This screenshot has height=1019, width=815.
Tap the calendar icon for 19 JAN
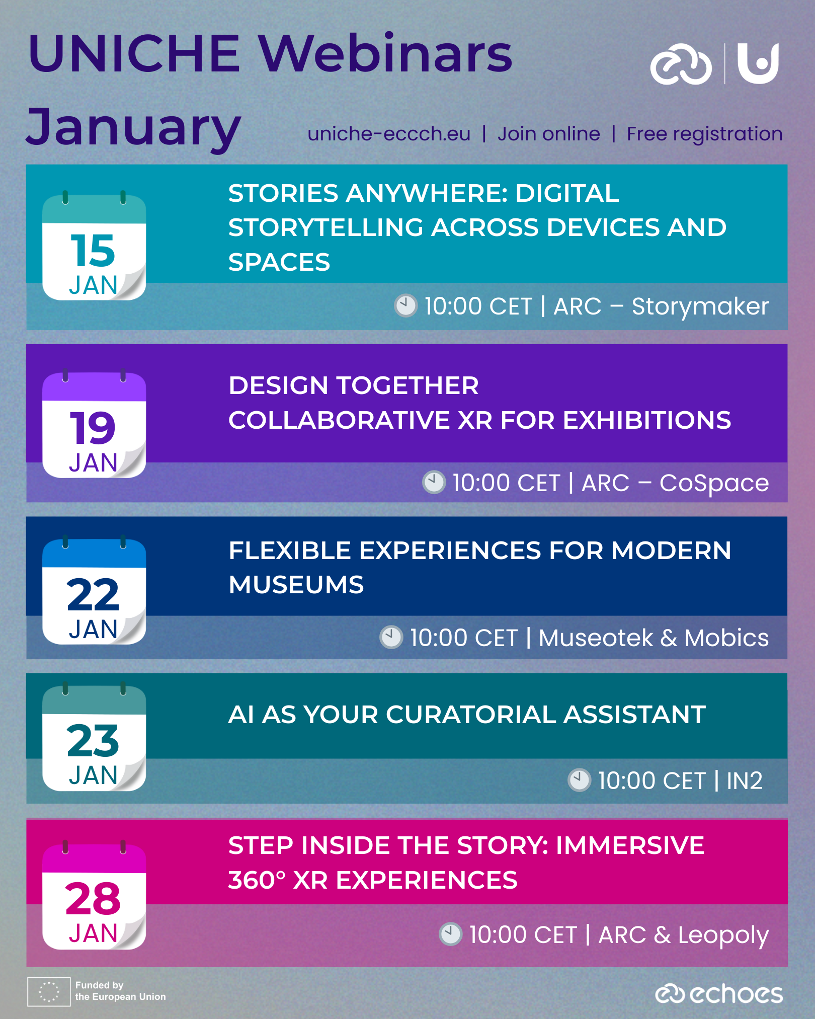pos(94,424)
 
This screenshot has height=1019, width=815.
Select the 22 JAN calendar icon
pos(94,590)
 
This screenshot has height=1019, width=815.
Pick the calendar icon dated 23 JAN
pos(94,737)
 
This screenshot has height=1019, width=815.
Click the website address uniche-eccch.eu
pos(389,134)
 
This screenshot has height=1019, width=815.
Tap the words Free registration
pos(704,134)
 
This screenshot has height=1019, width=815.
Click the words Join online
pos(548,134)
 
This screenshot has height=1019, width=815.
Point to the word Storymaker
pos(700,307)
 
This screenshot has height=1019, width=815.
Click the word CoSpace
pos(714,483)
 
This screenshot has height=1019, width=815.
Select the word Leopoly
pos(723,935)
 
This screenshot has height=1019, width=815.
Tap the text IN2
pos(745,781)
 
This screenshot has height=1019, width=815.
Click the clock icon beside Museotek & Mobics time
pos(391,637)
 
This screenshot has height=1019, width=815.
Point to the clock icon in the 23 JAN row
pos(579,780)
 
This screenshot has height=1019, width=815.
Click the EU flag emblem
pos(49,992)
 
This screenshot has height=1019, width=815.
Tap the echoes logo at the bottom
pos(719,993)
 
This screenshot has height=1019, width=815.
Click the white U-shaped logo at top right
pos(758,63)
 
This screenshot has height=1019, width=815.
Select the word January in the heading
pos(134,128)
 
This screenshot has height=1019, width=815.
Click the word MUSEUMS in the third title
pos(296,585)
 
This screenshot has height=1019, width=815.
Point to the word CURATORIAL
pos(470,715)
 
